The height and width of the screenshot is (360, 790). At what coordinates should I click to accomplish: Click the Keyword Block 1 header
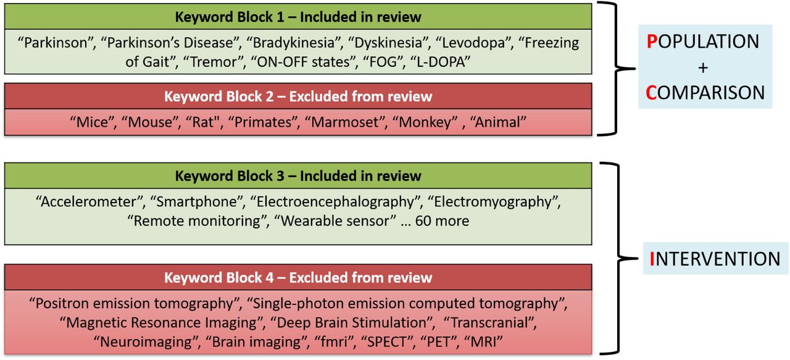pyautogui.click(x=298, y=17)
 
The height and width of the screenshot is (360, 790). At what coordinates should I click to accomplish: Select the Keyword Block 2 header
pyautogui.click(x=298, y=96)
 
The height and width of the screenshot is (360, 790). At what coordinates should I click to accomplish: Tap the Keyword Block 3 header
pyautogui.click(x=298, y=175)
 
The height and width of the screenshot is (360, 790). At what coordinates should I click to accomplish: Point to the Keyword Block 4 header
pyautogui.click(x=298, y=277)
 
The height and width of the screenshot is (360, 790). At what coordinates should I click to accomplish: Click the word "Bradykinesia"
pyautogui.click(x=293, y=43)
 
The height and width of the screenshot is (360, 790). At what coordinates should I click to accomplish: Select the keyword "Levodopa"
pyautogui.click(x=473, y=43)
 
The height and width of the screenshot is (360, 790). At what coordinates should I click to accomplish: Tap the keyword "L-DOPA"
pyautogui.click(x=441, y=62)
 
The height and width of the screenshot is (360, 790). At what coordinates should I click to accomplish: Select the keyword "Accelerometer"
pyautogui.click(x=90, y=202)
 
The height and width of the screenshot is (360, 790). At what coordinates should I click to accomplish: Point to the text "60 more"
pyautogui.click(x=442, y=221)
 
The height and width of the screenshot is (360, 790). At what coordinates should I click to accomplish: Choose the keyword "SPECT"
pyautogui.click(x=387, y=341)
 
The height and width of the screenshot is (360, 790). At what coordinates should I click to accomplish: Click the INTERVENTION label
pyautogui.click(x=715, y=259)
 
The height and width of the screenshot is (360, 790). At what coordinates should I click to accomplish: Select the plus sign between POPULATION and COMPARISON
pyautogui.click(x=703, y=67)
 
